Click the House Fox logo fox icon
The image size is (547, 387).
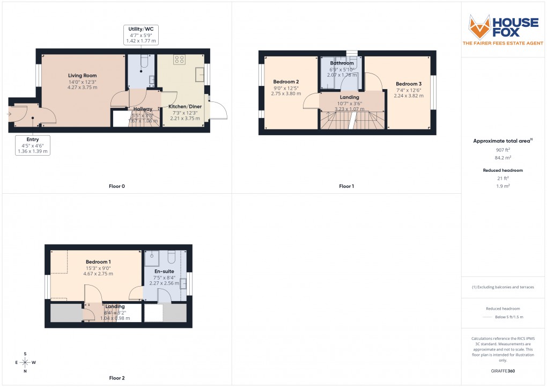point(479,26)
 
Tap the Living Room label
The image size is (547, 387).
point(82,76)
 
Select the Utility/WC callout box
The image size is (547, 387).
point(141,34)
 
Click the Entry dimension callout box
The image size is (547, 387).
point(33,145)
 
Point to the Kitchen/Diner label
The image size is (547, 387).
point(185,107)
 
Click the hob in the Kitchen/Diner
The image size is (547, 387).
point(179,60)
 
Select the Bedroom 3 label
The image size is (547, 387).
point(409,84)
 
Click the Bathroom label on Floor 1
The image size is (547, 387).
point(342,63)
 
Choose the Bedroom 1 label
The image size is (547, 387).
point(98,261)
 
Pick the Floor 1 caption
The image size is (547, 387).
point(346,186)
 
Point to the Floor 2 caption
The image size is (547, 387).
point(116,378)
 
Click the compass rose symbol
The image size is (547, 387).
point(25,362)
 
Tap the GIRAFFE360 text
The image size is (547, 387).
point(503,370)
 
